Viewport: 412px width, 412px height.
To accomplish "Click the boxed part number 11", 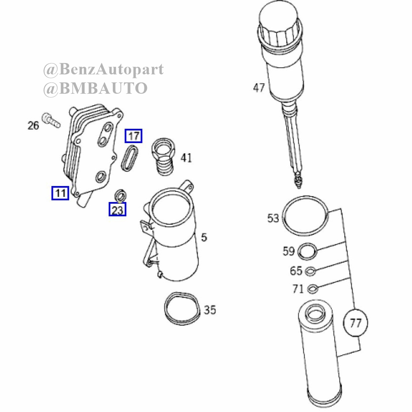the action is point(60,193).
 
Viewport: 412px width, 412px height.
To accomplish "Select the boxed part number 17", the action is point(133,136).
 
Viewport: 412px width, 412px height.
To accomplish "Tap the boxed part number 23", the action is point(117,210).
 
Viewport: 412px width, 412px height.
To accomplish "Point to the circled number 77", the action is point(356,323).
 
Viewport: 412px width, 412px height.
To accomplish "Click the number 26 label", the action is point(33,125).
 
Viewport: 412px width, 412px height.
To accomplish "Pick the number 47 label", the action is point(259,88).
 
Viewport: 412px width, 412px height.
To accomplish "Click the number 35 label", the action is point(210,310).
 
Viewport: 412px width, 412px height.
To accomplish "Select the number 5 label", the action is point(204,237).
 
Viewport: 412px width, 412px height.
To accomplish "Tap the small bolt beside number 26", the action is point(51,120).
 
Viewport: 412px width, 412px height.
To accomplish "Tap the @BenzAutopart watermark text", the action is point(103,69).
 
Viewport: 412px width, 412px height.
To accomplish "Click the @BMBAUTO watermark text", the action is point(95,88).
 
